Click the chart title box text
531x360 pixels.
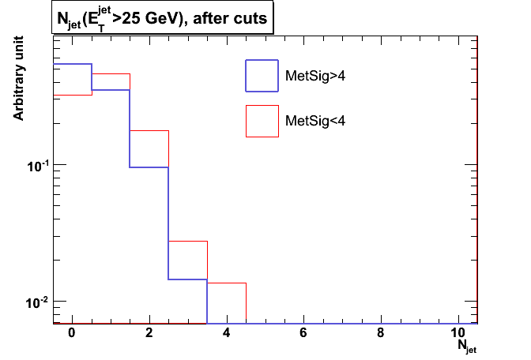[162, 17]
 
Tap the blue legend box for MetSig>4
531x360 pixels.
[262, 76]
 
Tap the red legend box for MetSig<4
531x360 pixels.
[262, 121]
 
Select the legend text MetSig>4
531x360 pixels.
[314, 77]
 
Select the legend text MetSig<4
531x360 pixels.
[314, 122]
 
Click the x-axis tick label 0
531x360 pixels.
[72, 332]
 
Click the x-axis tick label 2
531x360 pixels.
[149, 332]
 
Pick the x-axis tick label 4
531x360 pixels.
[227, 332]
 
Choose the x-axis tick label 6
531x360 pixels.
[304, 332]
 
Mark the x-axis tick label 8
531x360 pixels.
[382, 332]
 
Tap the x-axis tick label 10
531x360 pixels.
[458, 332]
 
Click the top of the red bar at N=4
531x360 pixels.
[227, 283]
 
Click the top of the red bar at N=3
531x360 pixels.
[188, 241]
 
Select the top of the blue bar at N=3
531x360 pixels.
[188, 279]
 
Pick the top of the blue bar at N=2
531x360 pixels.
[149, 167]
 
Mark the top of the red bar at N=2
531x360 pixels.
[149, 130]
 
